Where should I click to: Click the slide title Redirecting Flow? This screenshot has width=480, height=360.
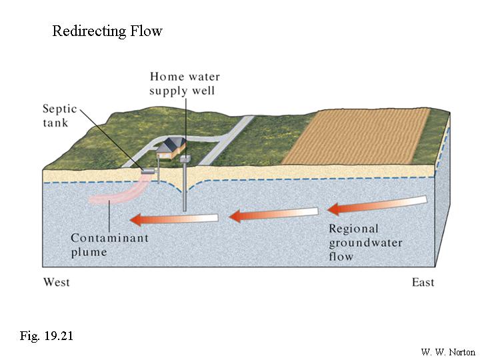[107, 31]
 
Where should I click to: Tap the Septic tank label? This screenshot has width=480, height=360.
[60, 115]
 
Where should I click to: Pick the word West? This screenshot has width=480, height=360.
[57, 282]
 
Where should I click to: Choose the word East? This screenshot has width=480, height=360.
[423, 282]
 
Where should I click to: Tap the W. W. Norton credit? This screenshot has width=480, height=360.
[447, 351]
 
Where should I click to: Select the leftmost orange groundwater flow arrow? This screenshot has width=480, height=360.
[173, 217]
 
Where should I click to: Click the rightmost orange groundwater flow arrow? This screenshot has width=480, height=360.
[377, 205]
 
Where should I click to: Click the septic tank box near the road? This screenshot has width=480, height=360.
[147, 171]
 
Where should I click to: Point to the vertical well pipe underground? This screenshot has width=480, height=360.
[185, 193]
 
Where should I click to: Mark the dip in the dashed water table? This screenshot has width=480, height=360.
[185, 188]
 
